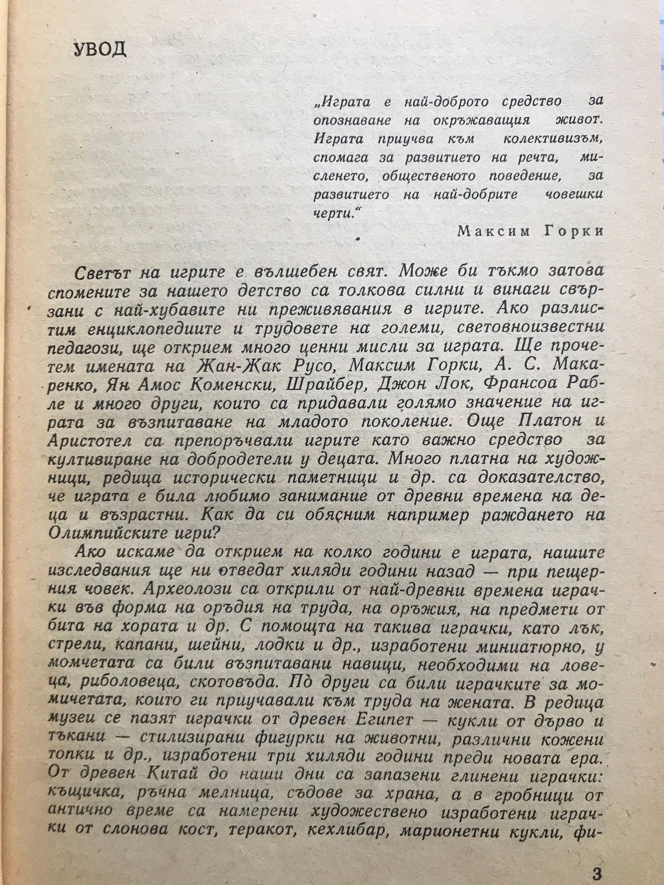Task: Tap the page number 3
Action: pyautogui.click(x=597, y=861)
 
